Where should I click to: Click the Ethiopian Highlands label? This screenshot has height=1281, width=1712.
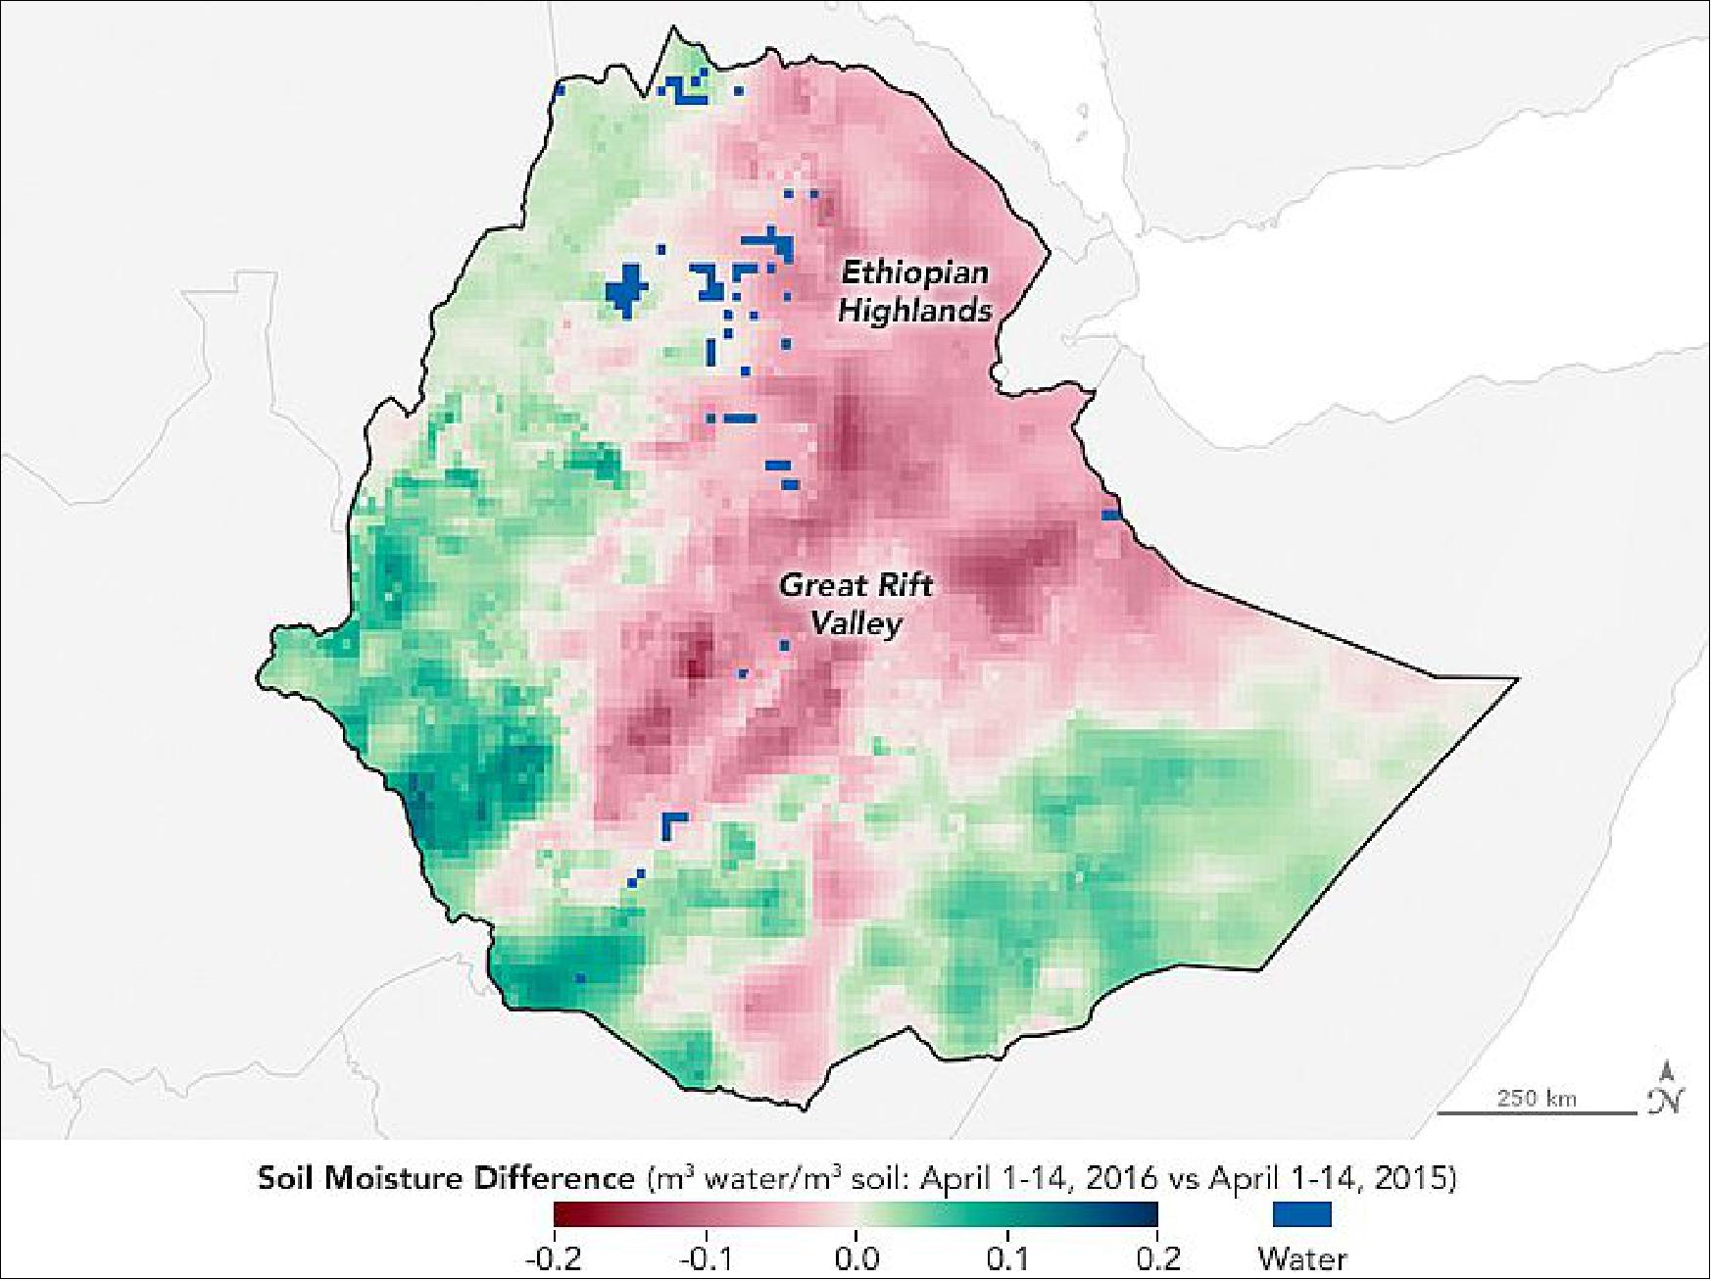pyautogui.click(x=914, y=291)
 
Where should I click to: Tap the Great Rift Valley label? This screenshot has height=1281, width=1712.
pyautogui.click(x=856, y=604)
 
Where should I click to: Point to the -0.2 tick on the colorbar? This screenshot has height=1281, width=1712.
pyautogui.click(x=555, y=1257)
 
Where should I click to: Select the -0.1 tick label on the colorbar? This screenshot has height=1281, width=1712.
pyautogui.click(x=706, y=1257)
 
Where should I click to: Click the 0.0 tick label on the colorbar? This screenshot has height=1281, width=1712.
pyautogui.click(x=856, y=1257)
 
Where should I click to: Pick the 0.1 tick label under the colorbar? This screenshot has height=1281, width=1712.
pyautogui.click(x=1008, y=1257)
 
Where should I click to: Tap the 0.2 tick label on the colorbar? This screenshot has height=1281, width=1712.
pyautogui.click(x=1157, y=1257)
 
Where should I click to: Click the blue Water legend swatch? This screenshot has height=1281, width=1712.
pyautogui.click(x=1301, y=1213)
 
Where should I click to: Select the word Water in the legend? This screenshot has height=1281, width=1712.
pyautogui.click(x=1302, y=1257)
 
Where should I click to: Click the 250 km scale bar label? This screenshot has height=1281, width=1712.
pyautogui.click(x=1537, y=1098)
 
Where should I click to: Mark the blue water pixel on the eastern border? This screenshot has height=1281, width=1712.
pyautogui.click(x=1111, y=515)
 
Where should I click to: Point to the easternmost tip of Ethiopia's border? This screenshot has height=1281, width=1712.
pyautogui.click(x=1516, y=678)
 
